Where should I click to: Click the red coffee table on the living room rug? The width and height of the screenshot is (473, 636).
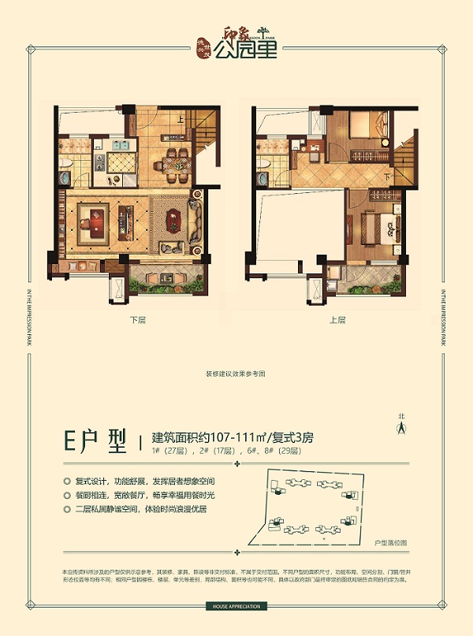pos(96,221)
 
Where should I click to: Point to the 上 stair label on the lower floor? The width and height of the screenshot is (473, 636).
pos(181,119)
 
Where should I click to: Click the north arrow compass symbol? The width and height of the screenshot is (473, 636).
pos(400,426)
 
